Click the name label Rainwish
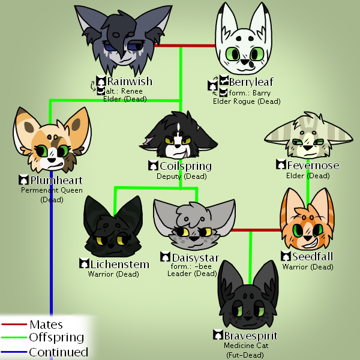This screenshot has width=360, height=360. point(129,81)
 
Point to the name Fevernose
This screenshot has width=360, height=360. point(313,166)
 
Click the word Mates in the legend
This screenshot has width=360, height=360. point(46,325)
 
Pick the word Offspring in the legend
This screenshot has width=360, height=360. point(56,338)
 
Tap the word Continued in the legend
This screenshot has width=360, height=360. point(58,352)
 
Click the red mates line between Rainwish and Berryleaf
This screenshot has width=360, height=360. point(186,45)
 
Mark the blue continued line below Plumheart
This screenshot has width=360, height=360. point(51,270)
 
